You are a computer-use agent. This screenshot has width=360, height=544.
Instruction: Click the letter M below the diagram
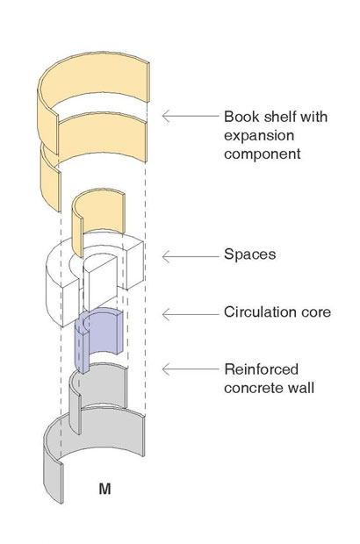(x=104, y=489)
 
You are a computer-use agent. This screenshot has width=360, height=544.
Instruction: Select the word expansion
(x=259, y=135)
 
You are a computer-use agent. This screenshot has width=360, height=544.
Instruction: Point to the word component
(x=263, y=154)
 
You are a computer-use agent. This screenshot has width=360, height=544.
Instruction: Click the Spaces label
(x=250, y=254)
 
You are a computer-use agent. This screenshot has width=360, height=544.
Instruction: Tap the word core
(x=318, y=312)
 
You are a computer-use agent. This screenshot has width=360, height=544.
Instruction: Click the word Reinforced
(x=262, y=369)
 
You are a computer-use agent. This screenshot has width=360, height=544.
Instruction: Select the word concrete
(x=254, y=388)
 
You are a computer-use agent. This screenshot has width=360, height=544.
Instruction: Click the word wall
(x=301, y=387)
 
